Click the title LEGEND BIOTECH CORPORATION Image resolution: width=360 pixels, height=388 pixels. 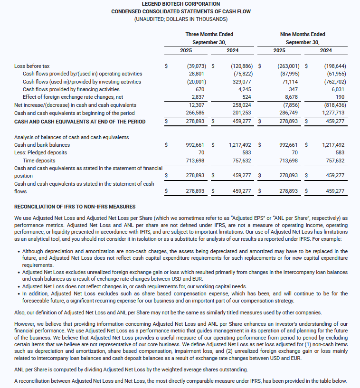[180, 4]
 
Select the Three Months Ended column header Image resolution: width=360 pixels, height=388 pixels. [209, 34]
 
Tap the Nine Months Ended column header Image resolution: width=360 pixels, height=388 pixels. [303, 34]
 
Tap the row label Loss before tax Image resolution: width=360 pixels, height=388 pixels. [32, 66]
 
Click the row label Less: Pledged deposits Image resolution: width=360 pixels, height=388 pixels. [41, 152]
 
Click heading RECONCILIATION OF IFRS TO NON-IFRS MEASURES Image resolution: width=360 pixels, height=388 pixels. [75, 207]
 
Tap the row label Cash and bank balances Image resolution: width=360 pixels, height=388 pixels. [42, 145]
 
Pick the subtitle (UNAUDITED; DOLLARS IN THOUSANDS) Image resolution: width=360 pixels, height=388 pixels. [180, 19]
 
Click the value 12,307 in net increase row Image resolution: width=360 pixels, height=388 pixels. [196, 105]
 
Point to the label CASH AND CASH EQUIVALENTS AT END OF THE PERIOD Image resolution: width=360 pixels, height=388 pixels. [80, 122]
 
